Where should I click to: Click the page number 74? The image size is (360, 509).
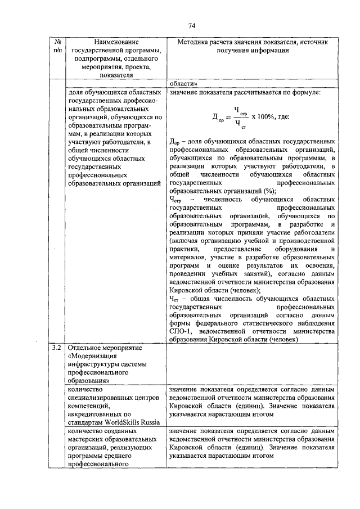(191, 26)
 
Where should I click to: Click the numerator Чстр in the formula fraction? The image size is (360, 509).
(240, 111)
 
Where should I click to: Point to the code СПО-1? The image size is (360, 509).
(180, 332)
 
